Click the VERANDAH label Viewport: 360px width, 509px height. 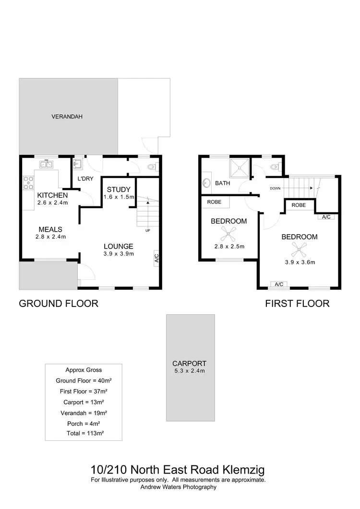pyautogui.click(x=67, y=117)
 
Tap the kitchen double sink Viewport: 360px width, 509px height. pyautogui.click(x=47, y=165)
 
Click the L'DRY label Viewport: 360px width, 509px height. pyautogui.click(x=85, y=179)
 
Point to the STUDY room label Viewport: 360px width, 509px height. pyautogui.click(x=119, y=189)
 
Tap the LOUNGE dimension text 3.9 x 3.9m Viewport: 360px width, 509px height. pyautogui.click(x=119, y=254)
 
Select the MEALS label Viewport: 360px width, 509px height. pyautogui.click(x=50, y=229)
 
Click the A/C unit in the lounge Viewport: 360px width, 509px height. pyautogui.click(x=156, y=258)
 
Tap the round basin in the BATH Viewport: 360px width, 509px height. pyautogui.click(x=207, y=183)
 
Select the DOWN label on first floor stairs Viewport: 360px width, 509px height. pyautogui.click(x=276, y=188)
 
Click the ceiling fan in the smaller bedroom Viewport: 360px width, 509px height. pyautogui.click(x=227, y=234)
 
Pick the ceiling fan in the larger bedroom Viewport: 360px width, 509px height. pyautogui.click(x=300, y=249)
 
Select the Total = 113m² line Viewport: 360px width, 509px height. pyautogui.click(x=85, y=433)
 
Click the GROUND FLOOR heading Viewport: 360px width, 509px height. pyautogui.click(x=59, y=303)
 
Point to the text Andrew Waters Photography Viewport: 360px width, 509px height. pyautogui.click(x=178, y=486)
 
